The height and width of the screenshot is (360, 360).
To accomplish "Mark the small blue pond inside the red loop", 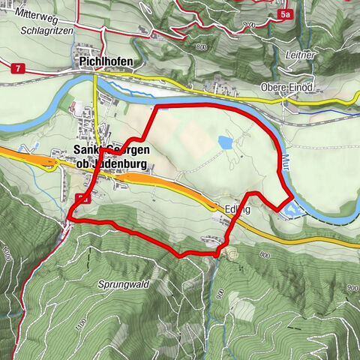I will click(225, 141).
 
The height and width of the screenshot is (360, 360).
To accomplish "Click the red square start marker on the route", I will click(81, 199).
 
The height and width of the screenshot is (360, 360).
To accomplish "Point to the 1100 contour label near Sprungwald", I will click(80, 322).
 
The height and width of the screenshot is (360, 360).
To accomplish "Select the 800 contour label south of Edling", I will click(264, 256).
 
